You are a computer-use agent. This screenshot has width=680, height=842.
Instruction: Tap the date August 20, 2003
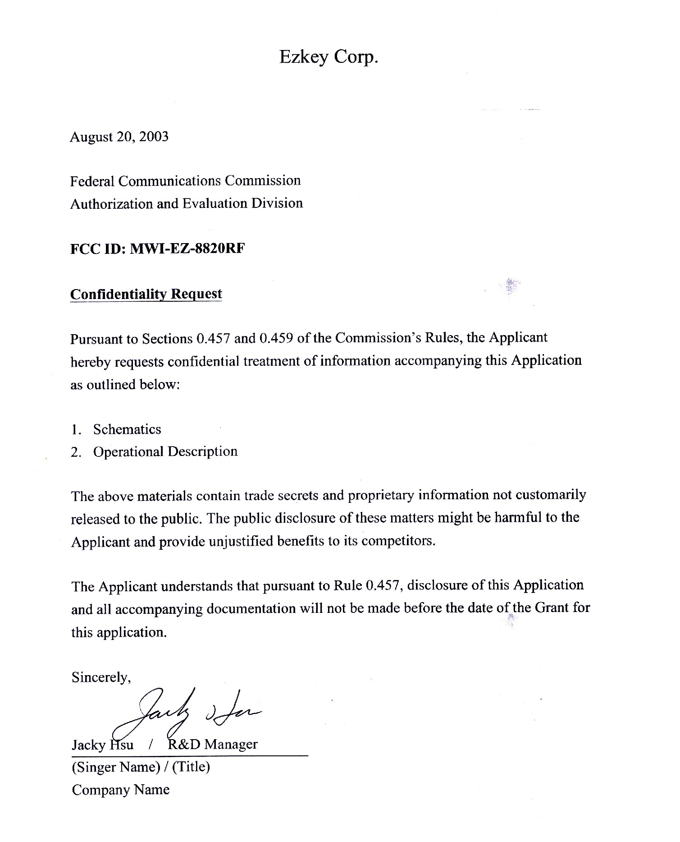119,137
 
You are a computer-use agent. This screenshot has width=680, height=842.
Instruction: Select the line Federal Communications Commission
185,181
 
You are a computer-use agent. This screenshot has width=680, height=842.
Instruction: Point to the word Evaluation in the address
215,203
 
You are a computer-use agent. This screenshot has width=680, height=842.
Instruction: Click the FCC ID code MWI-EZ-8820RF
187,249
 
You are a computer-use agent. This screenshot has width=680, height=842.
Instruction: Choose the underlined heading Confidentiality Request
146,294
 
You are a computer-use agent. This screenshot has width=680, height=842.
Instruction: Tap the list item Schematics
127,429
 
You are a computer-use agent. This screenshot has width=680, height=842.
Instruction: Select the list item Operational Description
165,451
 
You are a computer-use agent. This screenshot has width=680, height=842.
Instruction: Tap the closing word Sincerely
101,677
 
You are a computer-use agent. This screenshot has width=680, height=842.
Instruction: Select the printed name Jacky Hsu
102,745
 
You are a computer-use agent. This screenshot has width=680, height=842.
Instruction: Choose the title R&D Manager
212,744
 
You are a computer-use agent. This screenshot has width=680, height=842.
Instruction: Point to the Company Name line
120,790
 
